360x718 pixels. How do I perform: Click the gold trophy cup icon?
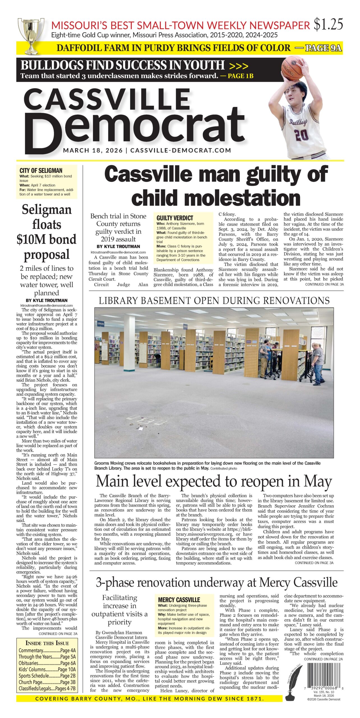tap(31, 35)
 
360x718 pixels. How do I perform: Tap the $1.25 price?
tap(328, 24)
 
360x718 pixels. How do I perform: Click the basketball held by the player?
tap(293, 67)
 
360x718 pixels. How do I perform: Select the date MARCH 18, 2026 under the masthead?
tap(93, 150)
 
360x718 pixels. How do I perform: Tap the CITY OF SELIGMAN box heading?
tap(41, 171)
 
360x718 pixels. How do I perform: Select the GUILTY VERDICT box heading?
tap(175, 218)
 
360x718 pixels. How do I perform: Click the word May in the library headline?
tap(318, 482)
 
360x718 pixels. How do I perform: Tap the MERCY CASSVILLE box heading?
tap(179, 600)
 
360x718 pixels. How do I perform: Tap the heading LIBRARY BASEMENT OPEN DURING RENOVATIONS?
tap(214, 301)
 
